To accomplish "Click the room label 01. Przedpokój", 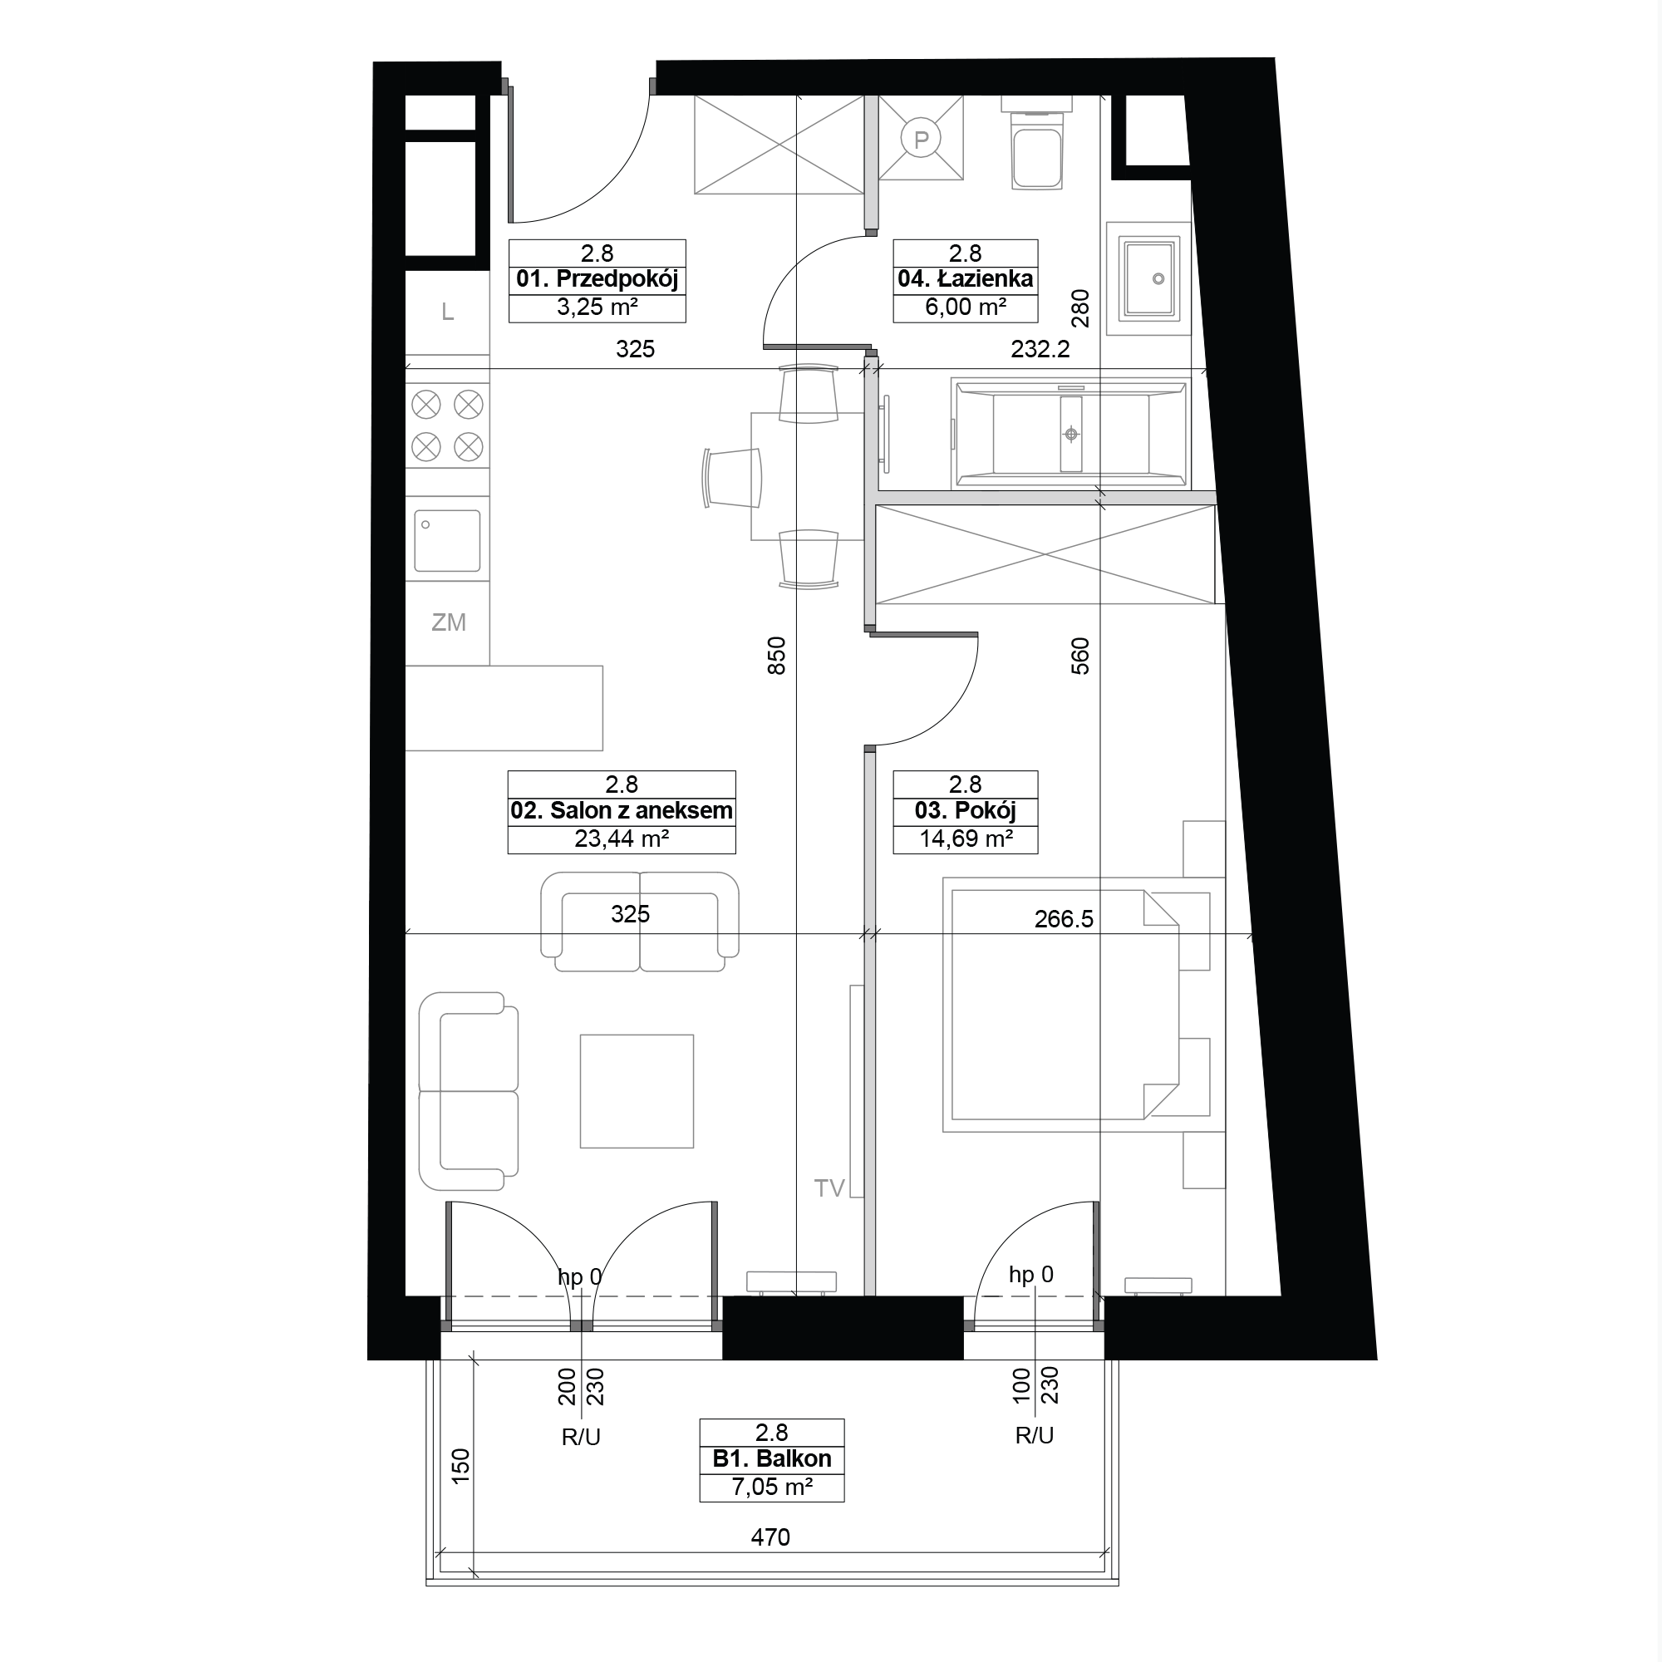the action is point(597,278).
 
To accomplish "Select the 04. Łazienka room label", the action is point(965,278).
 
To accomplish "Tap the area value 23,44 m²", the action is point(621,838).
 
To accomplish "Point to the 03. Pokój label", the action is point(965,810).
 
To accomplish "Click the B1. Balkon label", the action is point(772,1458).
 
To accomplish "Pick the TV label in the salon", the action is point(829,1188).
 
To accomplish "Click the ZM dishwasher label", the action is point(448,622).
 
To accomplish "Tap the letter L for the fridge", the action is point(447,312).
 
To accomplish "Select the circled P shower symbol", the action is point(922,139).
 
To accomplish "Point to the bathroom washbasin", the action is point(1149,278).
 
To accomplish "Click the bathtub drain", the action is point(1071,435).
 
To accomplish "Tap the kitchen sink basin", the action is point(447,540).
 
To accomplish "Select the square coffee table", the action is point(637,1091).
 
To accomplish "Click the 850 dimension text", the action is point(776,656).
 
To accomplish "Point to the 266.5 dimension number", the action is point(1065,919).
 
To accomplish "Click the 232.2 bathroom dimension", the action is point(1040,348).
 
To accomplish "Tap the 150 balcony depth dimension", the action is point(461,1465).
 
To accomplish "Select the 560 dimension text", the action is point(1079,656).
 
